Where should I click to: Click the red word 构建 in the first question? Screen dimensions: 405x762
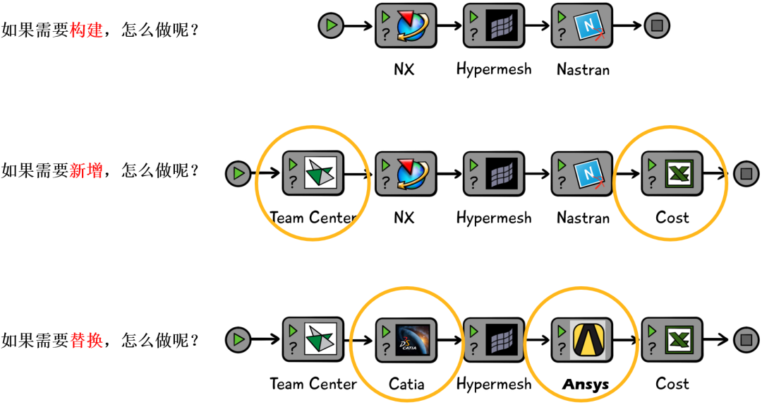(87, 30)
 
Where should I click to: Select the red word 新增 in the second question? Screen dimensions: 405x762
(87, 170)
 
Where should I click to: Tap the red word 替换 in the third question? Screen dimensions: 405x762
(87, 341)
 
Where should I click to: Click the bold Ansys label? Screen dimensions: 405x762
(585, 385)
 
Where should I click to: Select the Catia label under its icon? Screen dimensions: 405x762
(406, 384)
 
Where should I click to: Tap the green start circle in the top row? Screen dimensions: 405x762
(330, 26)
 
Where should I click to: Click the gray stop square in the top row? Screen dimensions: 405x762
(657, 26)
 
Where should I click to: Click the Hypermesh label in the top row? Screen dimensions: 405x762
(494, 69)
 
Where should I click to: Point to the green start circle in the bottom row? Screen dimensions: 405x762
(238, 340)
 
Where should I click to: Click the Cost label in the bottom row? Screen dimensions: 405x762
(672, 384)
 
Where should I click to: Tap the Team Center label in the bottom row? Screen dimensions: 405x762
(313, 384)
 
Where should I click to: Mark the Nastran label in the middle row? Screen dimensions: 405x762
(583, 218)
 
